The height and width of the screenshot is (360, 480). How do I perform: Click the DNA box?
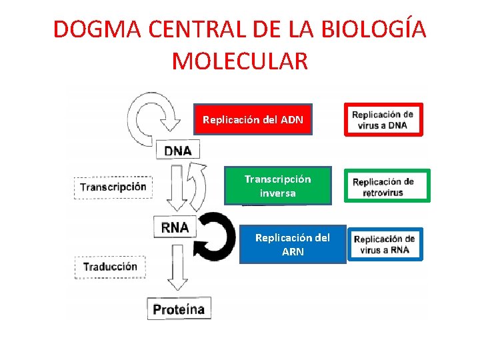point(177,150)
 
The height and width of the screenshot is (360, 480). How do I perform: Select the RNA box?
point(175,227)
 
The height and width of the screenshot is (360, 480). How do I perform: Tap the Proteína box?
point(179,309)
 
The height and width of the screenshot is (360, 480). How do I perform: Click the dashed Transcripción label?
point(113,187)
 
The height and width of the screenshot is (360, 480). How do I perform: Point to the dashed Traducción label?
point(110,267)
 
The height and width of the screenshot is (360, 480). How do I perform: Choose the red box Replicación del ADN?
point(253,120)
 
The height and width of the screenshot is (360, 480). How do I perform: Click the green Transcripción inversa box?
point(277,186)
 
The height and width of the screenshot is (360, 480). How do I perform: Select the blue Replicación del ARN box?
point(293,245)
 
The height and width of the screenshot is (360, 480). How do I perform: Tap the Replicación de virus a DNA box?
point(383,120)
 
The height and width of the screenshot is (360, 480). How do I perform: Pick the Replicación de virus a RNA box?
point(385,245)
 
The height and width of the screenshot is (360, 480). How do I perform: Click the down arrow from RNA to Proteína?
point(176,267)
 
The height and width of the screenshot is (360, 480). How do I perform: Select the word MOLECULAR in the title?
point(240,61)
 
